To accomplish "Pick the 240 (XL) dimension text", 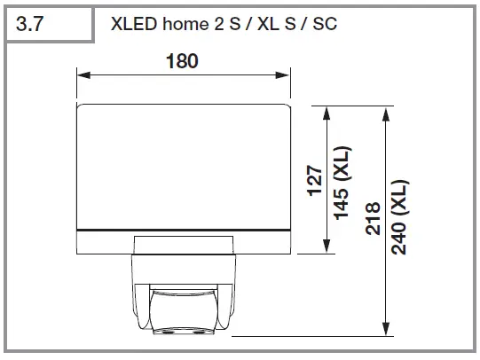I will tap(398, 218).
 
